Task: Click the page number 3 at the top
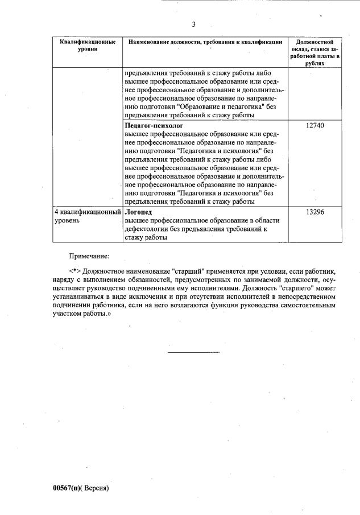pyautogui.click(x=193, y=24)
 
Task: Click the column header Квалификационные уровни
pyautogui.click(x=88, y=46)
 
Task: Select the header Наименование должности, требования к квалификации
pyautogui.click(x=205, y=43)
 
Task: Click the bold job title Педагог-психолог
pyautogui.click(x=154, y=125)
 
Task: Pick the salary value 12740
pyautogui.click(x=315, y=125)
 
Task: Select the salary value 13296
pyautogui.click(x=315, y=212)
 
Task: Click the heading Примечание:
pyautogui.click(x=89, y=258)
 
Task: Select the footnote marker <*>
pyautogui.click(x=74, y=272)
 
